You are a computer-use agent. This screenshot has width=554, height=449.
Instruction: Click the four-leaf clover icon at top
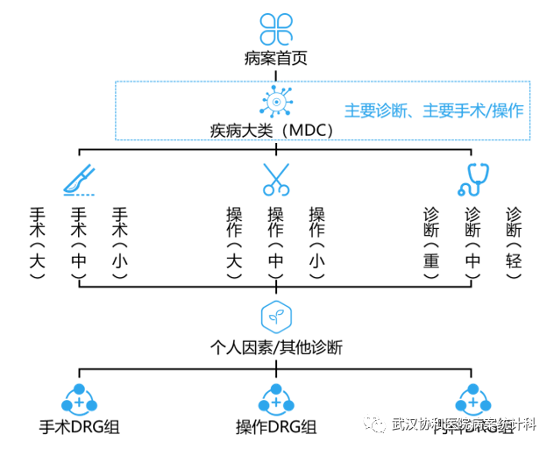(x=276, y=28)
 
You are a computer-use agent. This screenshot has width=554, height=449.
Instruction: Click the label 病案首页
(x=276, y=61)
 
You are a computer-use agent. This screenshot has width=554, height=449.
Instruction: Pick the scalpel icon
(x=78, y=180)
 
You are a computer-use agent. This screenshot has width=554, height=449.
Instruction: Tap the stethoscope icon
(x=473, y=179)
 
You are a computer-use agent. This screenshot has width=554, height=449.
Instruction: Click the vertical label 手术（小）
(x=120, y=242)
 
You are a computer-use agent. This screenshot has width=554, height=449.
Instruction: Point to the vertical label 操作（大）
(x=234, y=242)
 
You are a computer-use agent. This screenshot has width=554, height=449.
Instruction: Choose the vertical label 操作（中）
(x=275, y=242)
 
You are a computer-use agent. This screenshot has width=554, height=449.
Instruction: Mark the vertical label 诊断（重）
(x=431, y=242)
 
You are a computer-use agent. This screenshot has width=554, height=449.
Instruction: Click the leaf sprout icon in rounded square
(x=276, y=315)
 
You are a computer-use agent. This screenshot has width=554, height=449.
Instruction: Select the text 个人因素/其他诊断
(x=276, y=347)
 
